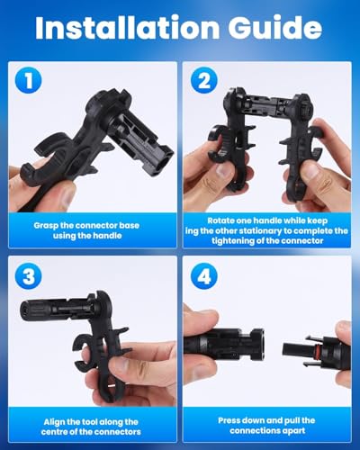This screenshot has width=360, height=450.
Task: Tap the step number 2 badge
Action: (x=203, y=80)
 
